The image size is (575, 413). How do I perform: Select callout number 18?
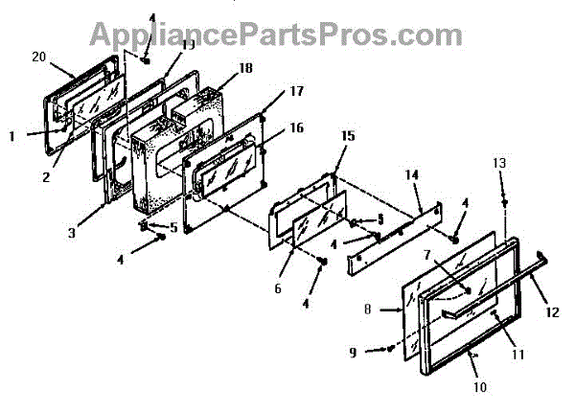(x=219, y=70)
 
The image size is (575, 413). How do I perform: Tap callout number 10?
(x=479, y=388)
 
